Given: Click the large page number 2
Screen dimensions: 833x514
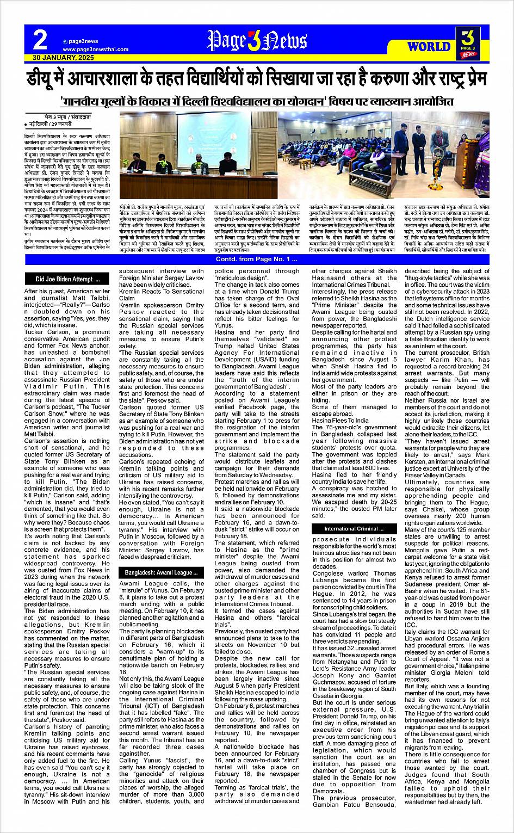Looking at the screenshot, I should [40, 40].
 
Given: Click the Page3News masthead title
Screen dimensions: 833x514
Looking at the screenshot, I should [257, 41].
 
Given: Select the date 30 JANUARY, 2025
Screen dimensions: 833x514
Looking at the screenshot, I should [63, 57].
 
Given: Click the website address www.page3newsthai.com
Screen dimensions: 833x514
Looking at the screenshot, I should [95, 50].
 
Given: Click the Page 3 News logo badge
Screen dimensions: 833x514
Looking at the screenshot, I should [467, 44].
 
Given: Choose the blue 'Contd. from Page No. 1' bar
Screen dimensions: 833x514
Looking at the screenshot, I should [257, 259].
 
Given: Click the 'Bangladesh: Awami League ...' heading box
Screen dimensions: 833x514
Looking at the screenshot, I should [158, 573].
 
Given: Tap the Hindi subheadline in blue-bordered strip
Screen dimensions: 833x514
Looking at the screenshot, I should [257, 102].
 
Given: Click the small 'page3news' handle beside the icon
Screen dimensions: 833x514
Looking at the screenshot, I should [83, 41].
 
